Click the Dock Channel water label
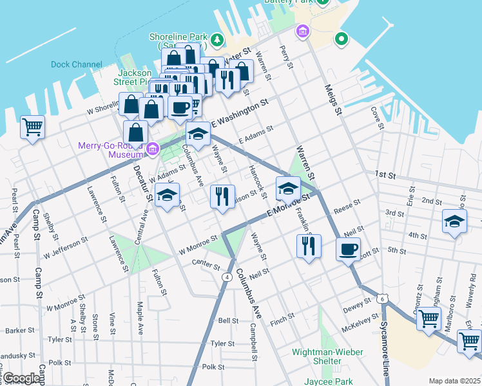point(77,64)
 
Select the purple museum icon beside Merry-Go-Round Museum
point(153,150)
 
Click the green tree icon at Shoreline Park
point(218,41)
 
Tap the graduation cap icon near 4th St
point(454,222)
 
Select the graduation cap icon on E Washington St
point(198,134)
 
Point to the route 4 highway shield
point(227,277)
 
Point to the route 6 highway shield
point(383,299)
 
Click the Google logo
point(21,378)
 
